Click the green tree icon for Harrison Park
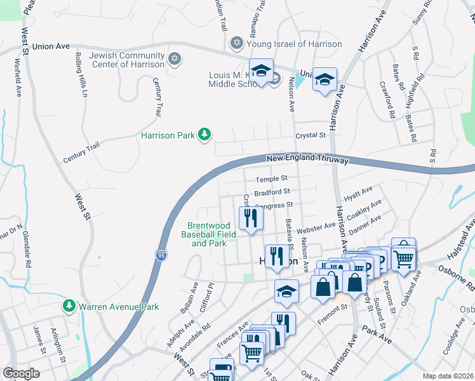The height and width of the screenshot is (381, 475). coord(204,134)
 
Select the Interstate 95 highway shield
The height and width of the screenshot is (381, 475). coord(161,255)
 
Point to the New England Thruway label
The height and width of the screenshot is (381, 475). coord(307,159)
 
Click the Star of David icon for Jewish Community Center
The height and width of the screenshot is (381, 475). coord(175,59)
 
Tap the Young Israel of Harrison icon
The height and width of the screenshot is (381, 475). coord(237,44)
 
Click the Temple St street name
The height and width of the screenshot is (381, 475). coord(272,179)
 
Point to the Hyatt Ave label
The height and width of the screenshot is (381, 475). coord(358,190)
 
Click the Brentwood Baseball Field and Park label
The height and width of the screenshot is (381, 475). coord(208,234)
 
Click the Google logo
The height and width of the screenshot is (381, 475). coord(21,373)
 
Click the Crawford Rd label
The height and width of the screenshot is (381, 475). coord(387,100)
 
